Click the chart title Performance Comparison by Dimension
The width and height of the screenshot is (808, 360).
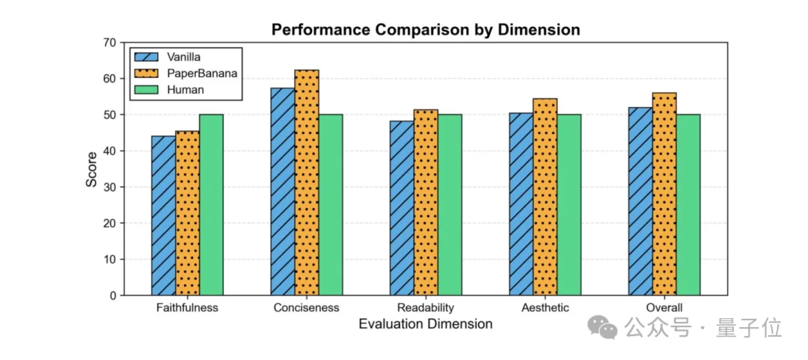point(426,30)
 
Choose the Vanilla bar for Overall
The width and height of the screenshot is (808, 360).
point(640,201)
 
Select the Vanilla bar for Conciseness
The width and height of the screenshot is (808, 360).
point(283,192)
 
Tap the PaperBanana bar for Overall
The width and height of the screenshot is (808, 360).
point(664,194)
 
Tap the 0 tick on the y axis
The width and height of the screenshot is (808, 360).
point(112,296)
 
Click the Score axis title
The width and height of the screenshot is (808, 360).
point(91,169)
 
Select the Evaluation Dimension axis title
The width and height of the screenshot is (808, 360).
point(425,324)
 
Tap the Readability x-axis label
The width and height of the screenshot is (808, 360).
point(426,308)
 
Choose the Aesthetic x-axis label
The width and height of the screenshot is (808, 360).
point(545,308)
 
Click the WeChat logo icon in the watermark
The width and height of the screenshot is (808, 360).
point(602,326)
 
